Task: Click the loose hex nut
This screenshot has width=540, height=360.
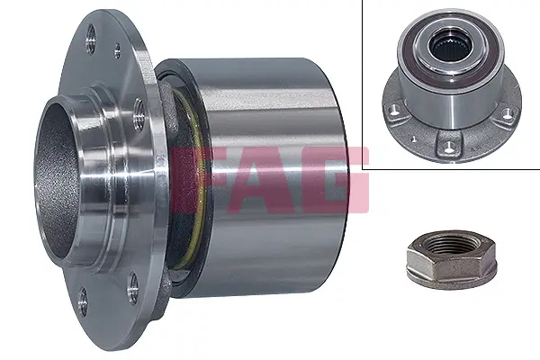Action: (x=452, y=260)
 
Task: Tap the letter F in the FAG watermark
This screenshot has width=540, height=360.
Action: (x=193, y=179)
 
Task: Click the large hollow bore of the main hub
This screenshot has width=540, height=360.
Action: (x=57, y=179)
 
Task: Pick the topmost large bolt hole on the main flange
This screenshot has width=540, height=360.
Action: (x=91, y=39)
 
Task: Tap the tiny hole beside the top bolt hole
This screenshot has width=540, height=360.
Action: (x=117, y=50)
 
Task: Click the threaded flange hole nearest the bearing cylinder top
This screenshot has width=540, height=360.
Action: (x=139, y=114)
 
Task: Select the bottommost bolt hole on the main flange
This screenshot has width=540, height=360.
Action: (x=82, y=302)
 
